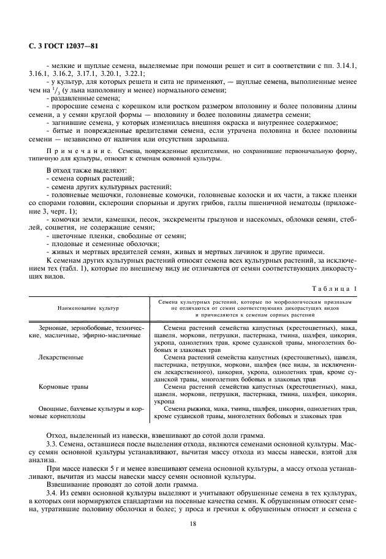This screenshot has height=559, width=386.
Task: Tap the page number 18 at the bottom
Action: point(193,524)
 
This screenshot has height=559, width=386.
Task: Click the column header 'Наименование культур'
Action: point(88,309)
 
